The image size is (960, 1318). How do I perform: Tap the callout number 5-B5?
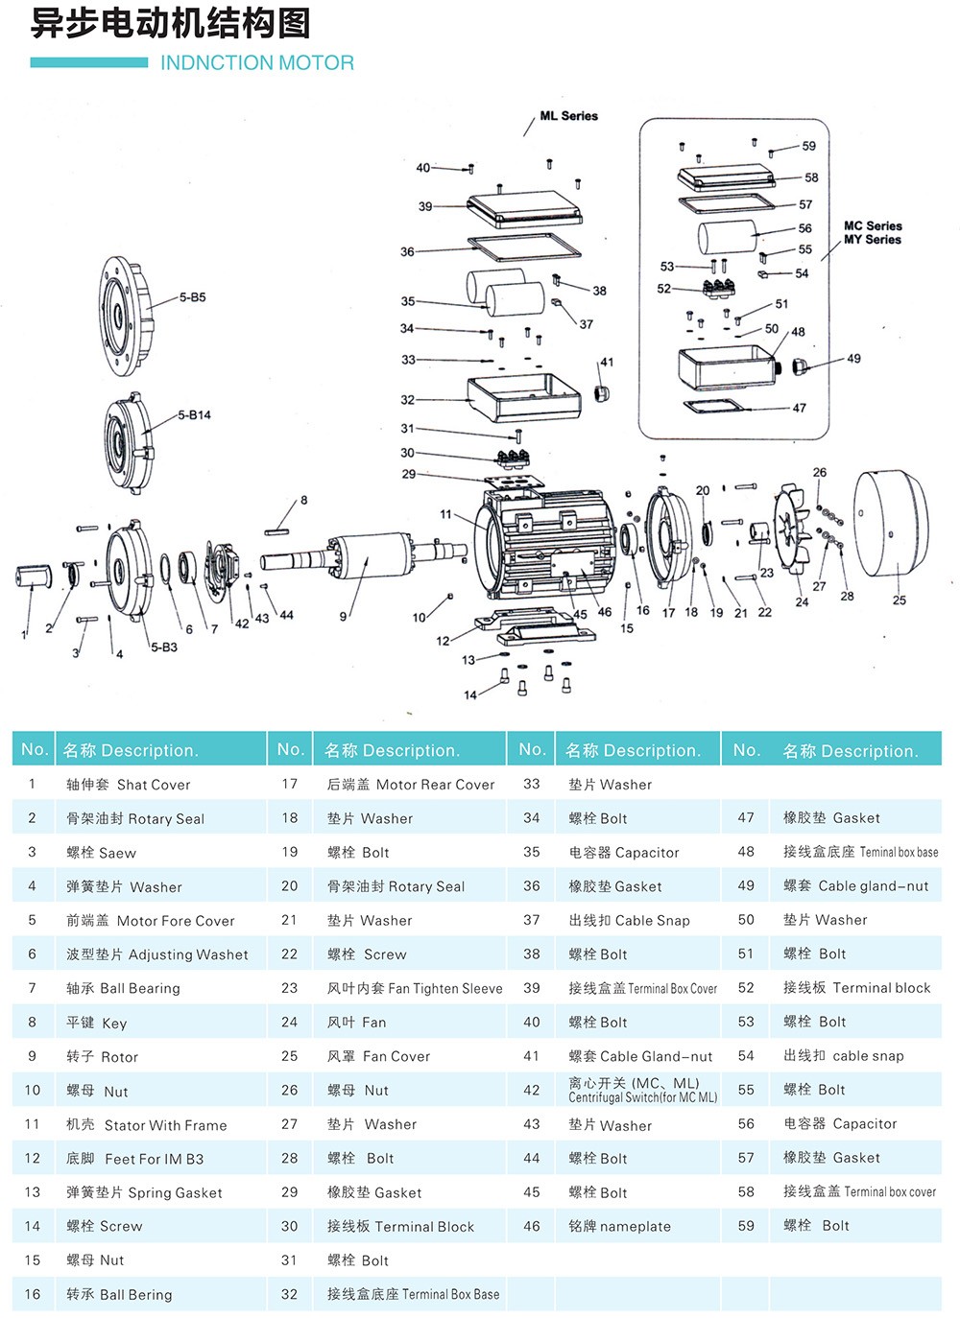pyautogui.click(x=193, y=297)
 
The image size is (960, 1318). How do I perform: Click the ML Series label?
pyautogui.click(x=569, y=116)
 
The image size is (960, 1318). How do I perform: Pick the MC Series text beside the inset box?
pyautogui.click(x=873, y=226)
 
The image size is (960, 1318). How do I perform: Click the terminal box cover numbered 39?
pyautogui.click(x=524, y=209)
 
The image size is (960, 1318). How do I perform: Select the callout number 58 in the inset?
pyautogui.click(x=811, y=177)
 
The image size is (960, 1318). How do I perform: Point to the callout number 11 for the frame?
pyautogui.click(x=445, y=514)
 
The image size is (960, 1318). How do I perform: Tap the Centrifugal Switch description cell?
pyautogui.click(x=642, y=1091)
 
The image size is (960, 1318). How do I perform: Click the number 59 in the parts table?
pyautogui.click(x=746, y=1226)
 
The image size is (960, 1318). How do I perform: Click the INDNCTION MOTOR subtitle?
pyautogui.click(x=257, y=63)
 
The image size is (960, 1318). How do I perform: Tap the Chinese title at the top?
pyautogui.click(x=170, y=24)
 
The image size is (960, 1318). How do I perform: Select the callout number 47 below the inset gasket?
pyautogui.click(x=800, y=408)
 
